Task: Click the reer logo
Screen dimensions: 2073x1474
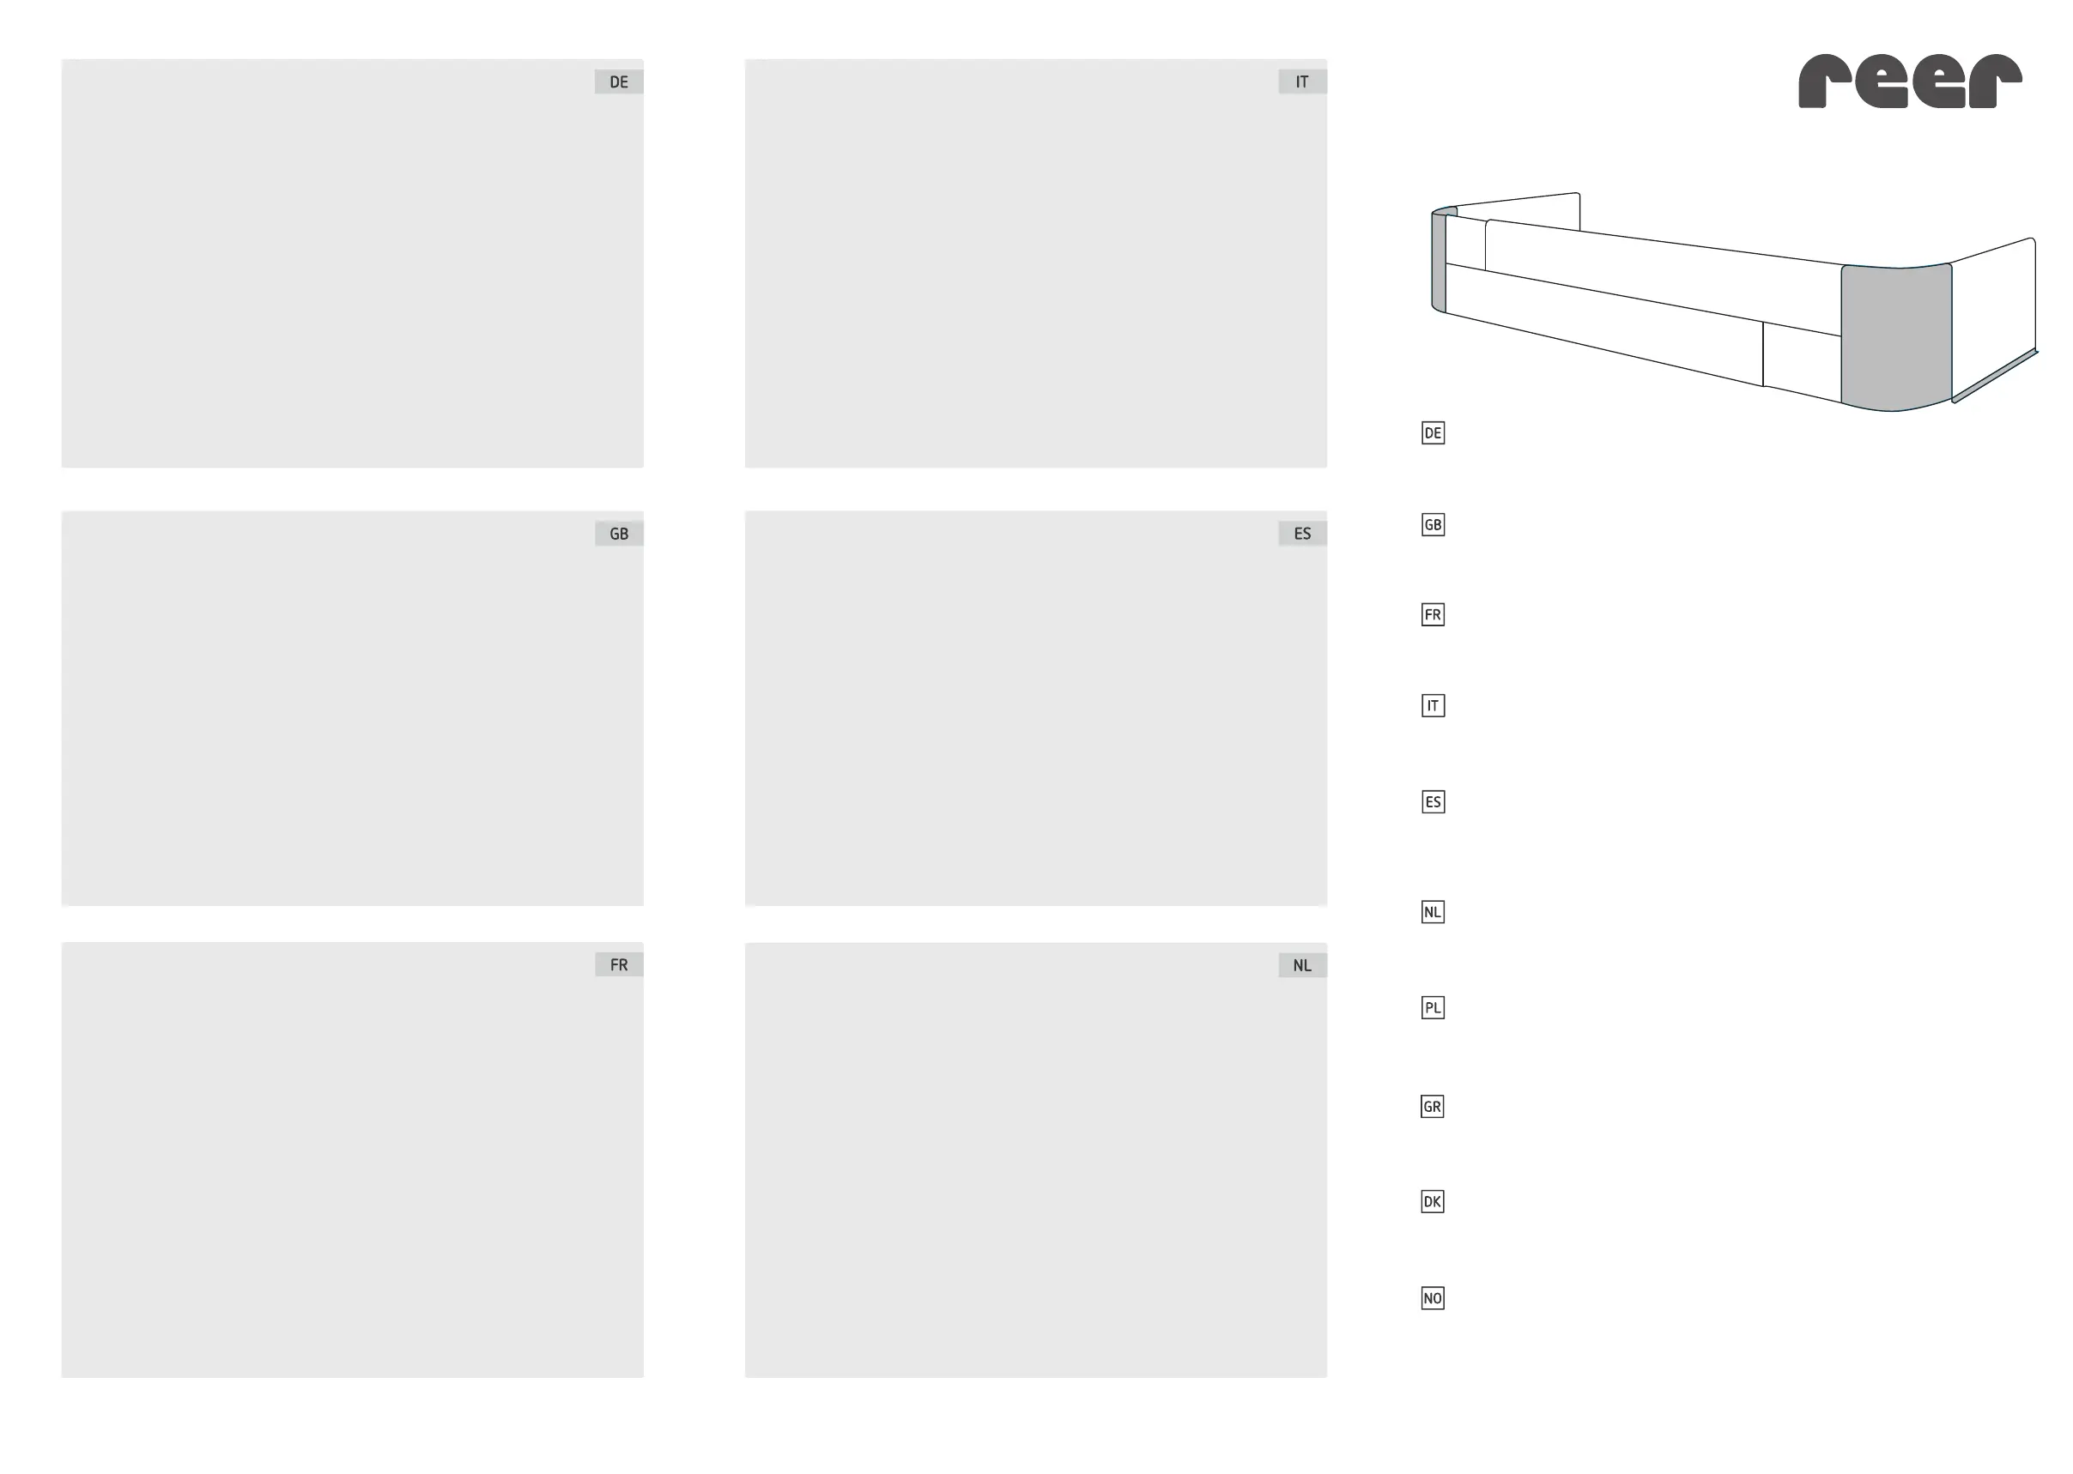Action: coord(1910,82)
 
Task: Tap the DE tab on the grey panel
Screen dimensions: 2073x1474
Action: coord(618,82)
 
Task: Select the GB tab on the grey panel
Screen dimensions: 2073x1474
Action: coord(618,534)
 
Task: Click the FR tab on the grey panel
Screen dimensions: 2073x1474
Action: coord(618,965)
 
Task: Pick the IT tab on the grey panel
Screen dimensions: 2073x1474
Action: coord(1302,82)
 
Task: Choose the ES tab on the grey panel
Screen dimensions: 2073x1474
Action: coord(1302,534)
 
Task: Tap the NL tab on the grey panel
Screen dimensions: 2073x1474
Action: coord(1302,966)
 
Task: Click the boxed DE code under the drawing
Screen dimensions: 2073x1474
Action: coord(1433,433)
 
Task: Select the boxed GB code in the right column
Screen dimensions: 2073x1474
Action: coord(1433,524)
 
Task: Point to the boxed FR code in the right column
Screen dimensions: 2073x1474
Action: coord(1433,614)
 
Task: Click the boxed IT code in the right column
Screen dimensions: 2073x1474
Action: coord(1433,705)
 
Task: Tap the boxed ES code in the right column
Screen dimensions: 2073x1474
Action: coord(1433,801)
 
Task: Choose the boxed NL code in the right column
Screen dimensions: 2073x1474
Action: coord(1433,912)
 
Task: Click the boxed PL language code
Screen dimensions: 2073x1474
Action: coord(1433,1007)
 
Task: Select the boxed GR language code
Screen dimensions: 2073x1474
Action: coord(1432,1107)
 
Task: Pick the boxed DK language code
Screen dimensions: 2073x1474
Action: coord(1432,1202)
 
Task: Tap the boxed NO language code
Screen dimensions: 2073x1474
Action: coord(1432,1298)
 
